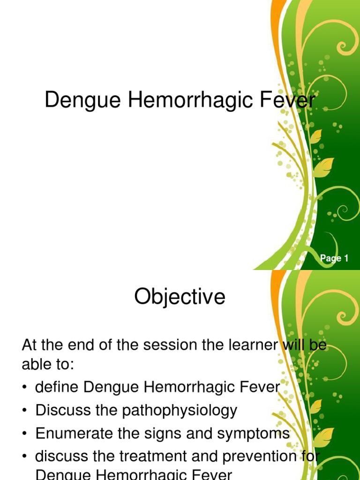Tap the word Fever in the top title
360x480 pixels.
point(291,101)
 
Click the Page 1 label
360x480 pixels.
point(334,258)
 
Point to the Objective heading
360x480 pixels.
point(180,297)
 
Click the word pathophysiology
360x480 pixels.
point(180,411)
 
